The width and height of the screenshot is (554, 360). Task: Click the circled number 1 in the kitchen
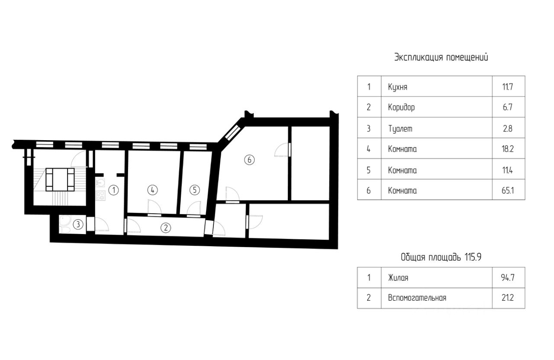click(x=113, y=190)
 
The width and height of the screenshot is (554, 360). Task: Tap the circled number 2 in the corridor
click(x=166, y=228)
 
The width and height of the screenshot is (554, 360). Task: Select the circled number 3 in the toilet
click(x=78, y=224)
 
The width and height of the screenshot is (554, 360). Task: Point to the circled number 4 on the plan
click(x=152, y=190)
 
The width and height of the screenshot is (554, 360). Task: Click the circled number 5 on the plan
click(x=195, y=190)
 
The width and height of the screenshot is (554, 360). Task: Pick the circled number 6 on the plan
click(x=249, y=160)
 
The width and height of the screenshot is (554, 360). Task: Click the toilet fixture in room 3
click(x=65, y=224)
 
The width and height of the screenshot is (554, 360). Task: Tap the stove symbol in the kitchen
click(x=100, y=196)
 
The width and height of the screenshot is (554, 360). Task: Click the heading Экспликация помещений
click(x=441, y=58)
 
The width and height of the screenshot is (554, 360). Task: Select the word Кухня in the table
click(x=398, y=87)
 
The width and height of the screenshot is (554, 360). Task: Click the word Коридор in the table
click(x=401, y=107)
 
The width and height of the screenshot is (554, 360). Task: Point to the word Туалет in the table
click(x=400, y=129)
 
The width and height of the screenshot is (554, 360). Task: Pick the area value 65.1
click(x=508, y=190)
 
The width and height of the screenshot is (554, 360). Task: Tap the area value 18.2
click(x=508, y=149)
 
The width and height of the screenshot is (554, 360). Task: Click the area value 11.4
click(x=508, y=170)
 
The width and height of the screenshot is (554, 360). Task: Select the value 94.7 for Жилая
click(x=508, y=278)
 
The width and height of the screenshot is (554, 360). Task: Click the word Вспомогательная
click(x=417, y=298)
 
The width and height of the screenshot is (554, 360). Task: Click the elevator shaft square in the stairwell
click(x=60, y=180)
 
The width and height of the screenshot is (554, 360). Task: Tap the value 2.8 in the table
click(x=508, y=129)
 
